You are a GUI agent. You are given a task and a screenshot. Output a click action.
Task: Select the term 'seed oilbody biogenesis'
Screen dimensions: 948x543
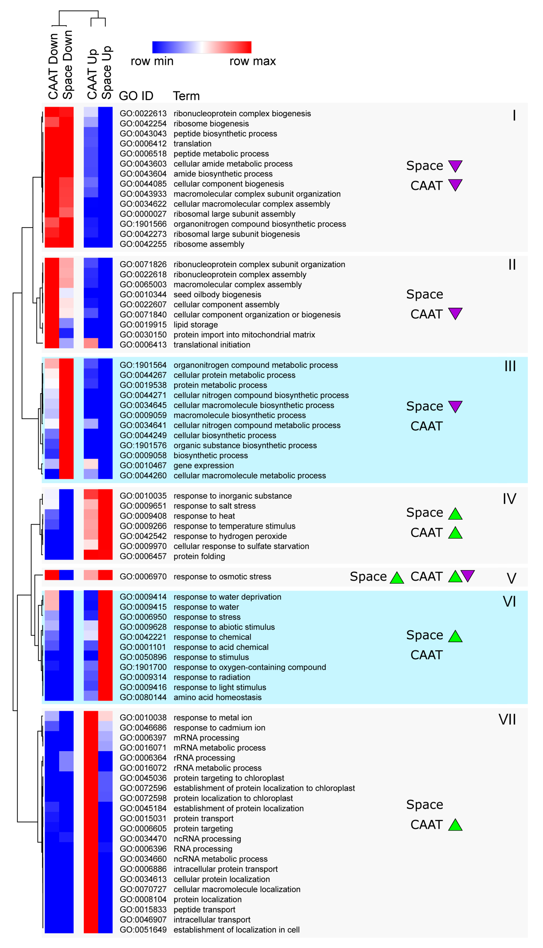[217, 295]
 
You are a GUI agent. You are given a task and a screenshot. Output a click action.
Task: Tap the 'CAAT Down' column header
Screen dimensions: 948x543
[53, 66]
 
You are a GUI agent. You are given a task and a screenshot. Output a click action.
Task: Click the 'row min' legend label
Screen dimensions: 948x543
[152, 61]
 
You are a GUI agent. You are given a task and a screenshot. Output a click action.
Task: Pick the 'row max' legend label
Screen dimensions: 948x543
[252, 61]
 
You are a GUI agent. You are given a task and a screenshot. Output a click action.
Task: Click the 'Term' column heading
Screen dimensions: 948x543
[186, 96]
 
